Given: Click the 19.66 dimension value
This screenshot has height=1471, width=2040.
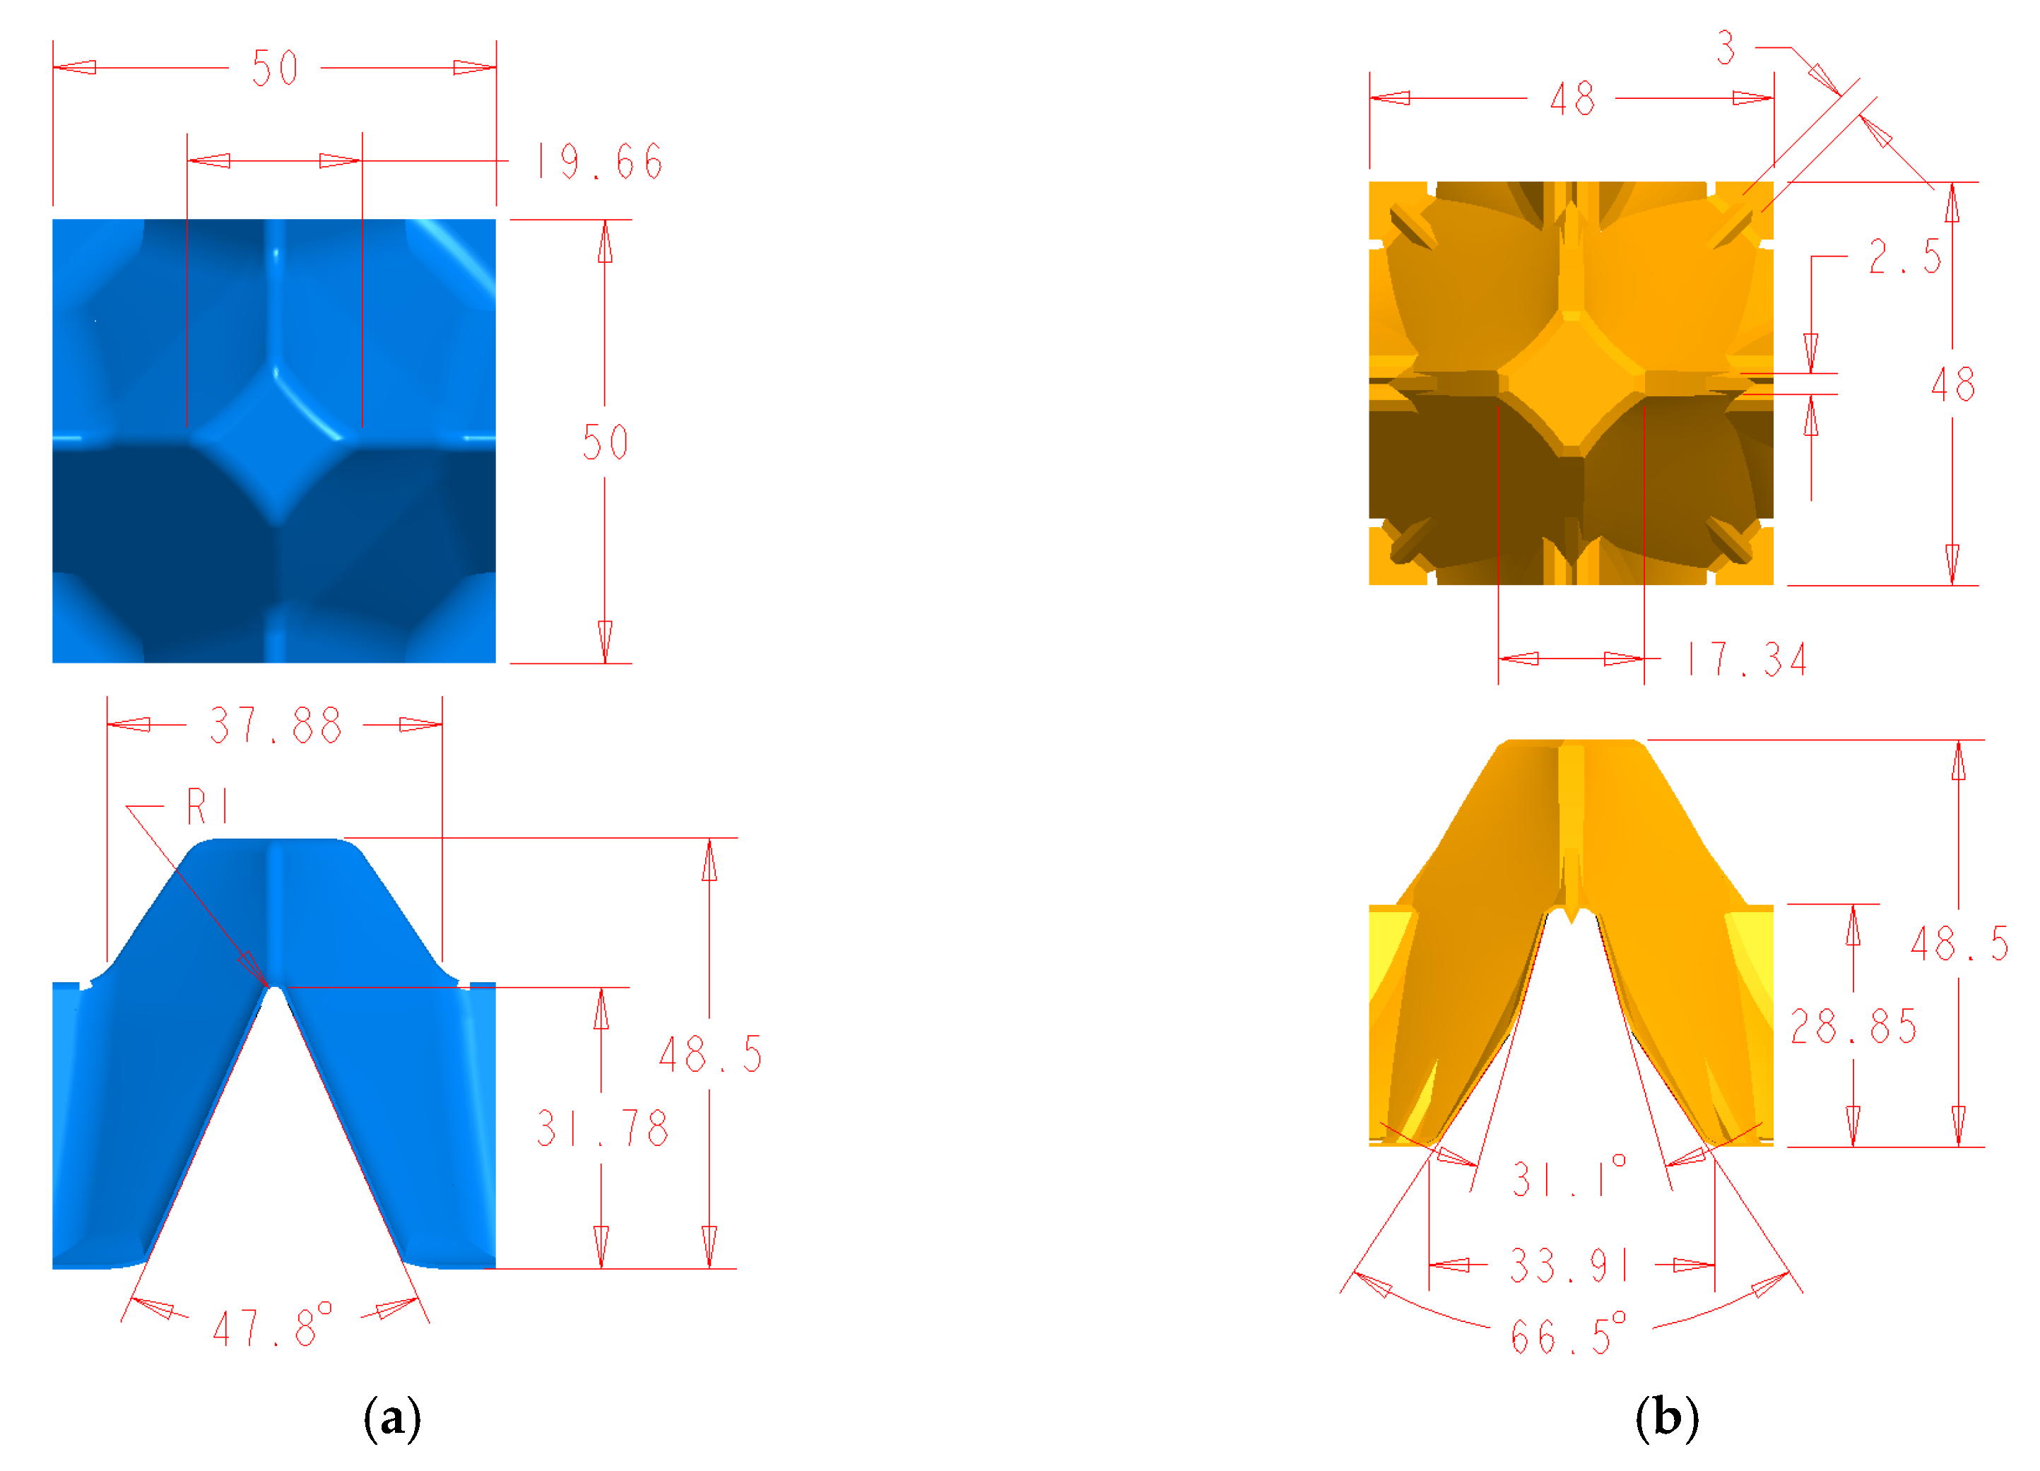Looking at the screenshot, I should [x=600, y=162].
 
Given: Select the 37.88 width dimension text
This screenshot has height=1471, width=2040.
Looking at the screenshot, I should [x=276, y=726].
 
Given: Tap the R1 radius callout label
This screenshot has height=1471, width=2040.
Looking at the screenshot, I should [x=208, y=807].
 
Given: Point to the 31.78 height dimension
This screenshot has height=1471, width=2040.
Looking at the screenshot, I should [x=603, y=1128].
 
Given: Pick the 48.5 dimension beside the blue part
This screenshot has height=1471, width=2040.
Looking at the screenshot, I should [x=711, y=1055].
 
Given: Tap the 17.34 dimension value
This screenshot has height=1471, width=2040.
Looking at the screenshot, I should [x=1747, y=660].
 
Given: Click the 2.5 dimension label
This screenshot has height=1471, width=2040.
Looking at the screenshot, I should [x=1905, y=257].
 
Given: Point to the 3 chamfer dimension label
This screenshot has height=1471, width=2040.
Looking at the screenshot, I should [x=1725, y=49].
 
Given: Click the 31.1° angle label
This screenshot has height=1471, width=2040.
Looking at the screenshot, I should [x=1569, y=1177].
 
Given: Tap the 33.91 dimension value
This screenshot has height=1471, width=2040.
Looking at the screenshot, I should [x=1569, y=1266].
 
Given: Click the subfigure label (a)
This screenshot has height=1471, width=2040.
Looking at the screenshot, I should [x=392, y=1419].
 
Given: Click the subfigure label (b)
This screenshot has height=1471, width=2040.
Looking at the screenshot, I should [x=1667, y=1418].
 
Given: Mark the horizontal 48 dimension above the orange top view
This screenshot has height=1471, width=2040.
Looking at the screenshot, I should [x=1572, y=99].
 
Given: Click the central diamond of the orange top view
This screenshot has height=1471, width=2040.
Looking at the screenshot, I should [x=1572, y=382].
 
